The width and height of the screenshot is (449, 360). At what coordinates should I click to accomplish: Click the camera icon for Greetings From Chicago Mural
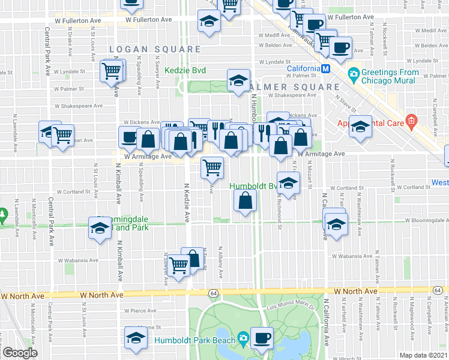(x=354, y=74)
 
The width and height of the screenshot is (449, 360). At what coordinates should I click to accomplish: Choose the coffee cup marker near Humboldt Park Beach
(x=262, y=338)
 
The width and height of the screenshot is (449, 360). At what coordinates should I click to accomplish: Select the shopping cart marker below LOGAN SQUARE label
(x=112, y=71)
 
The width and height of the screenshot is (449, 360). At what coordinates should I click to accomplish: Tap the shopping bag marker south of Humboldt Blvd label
(x=246, y=202)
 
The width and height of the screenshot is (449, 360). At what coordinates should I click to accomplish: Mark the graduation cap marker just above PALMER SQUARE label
(x=238, y=79)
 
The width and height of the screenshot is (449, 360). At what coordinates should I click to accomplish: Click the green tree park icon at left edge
(x=3, y=213)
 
